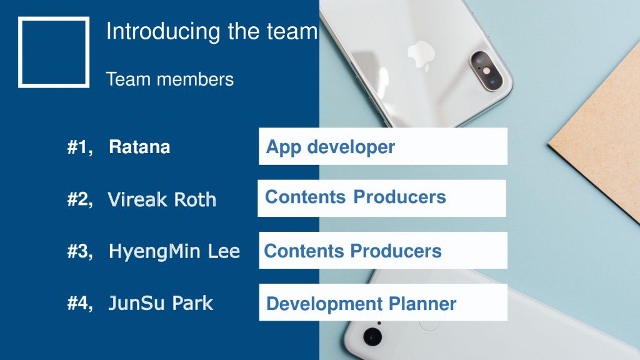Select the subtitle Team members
tap(170, 79)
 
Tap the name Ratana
tap(139, 147)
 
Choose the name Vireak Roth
tap(162, 199)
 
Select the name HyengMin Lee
tap(174, 251)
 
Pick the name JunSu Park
tap(161, 303)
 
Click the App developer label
tap(331, 147)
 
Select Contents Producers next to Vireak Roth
tap(356, 197)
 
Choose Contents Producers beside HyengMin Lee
tap(353, 251)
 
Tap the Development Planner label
tap(361, 304)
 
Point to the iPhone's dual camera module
tap(486, 71)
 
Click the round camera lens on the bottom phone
tap(372, 337)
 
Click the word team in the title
tap(292, 32)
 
